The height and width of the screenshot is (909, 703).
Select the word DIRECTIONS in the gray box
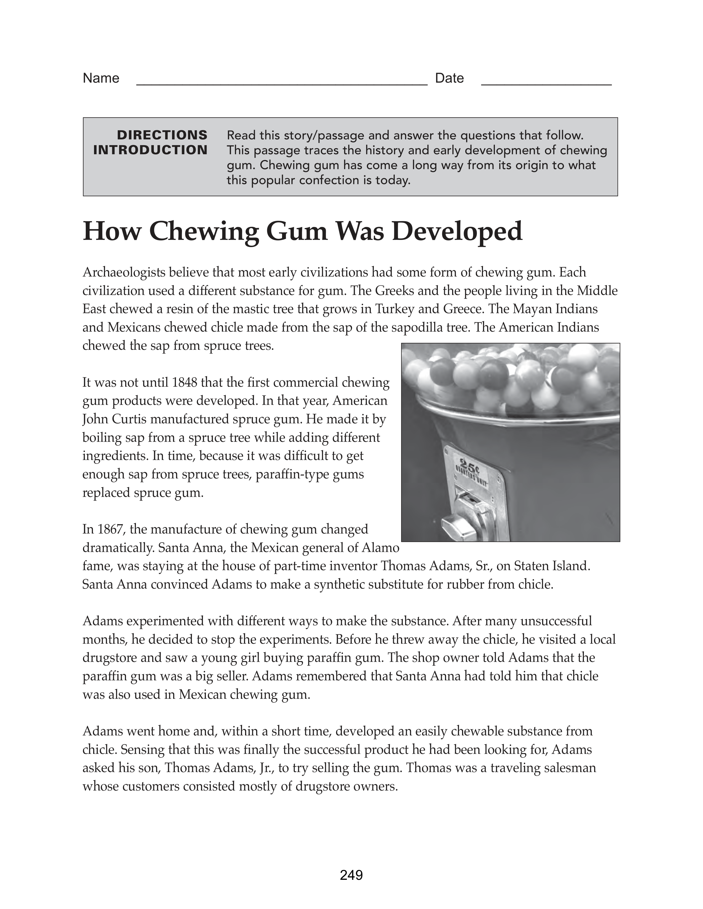tap(162, 135)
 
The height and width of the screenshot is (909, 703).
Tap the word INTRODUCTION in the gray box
tap(150, 150)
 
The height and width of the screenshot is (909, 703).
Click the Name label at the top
tap(101, 78)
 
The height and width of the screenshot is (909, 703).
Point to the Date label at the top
tap(449, 78)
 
